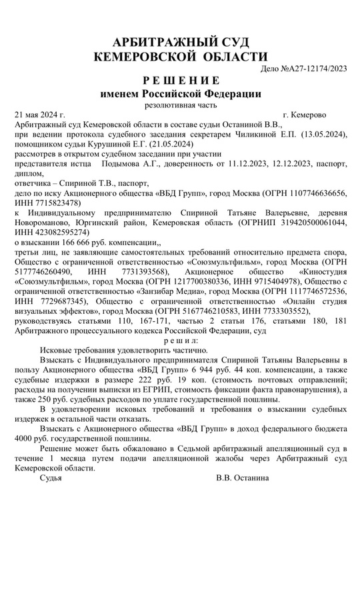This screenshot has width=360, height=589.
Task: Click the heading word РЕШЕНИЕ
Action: tap(181, 80)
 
